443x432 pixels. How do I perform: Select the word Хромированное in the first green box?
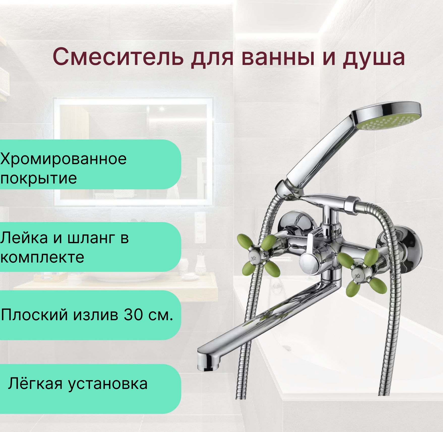(63, 159)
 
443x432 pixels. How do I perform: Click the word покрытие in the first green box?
(38, 178)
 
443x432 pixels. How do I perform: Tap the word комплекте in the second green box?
(42, 257)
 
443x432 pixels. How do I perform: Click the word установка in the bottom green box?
(108, 384)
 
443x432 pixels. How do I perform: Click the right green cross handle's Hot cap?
(357, 276)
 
